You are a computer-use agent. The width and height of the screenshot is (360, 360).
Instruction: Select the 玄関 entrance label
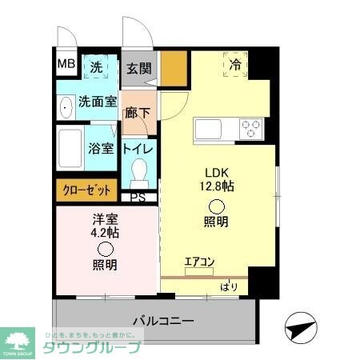[139, 69]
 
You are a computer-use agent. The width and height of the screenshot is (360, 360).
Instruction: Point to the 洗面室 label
[97, 102]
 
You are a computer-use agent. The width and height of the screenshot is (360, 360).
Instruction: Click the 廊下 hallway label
[138, 113]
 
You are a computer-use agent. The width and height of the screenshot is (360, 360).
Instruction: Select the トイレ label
[139, 147]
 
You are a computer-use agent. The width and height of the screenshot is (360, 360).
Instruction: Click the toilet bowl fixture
[139, 170]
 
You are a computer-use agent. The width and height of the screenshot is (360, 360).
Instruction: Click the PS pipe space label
[138, 197]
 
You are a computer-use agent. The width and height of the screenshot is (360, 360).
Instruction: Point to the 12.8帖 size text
[218, 186]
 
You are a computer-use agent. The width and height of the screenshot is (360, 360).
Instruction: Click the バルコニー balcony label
[162, 321]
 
